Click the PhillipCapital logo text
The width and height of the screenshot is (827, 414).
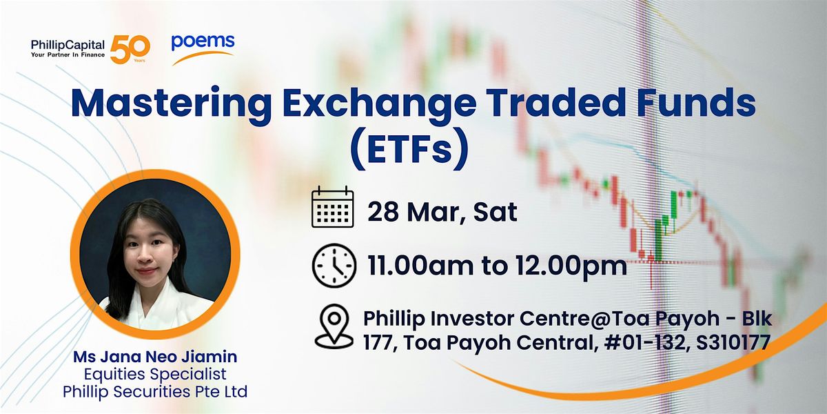point(68,45)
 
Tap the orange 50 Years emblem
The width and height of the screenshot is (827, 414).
point(130,50)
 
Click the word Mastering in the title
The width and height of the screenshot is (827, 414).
point(172,103)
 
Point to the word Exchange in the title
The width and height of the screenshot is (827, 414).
point(380,103)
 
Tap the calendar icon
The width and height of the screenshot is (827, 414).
point(333,207)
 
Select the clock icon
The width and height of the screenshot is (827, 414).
point(334,266)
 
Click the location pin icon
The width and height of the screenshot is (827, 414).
point(334,327)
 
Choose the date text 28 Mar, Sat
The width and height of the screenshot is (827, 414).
point(442,213)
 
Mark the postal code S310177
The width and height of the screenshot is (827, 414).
point(733,343)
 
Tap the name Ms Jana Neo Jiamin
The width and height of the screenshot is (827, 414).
point(155,357)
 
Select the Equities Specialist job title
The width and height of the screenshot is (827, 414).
point(155,374)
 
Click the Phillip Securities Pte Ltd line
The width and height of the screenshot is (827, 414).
point(155,391)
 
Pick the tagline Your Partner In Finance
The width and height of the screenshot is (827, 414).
point(68,55)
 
